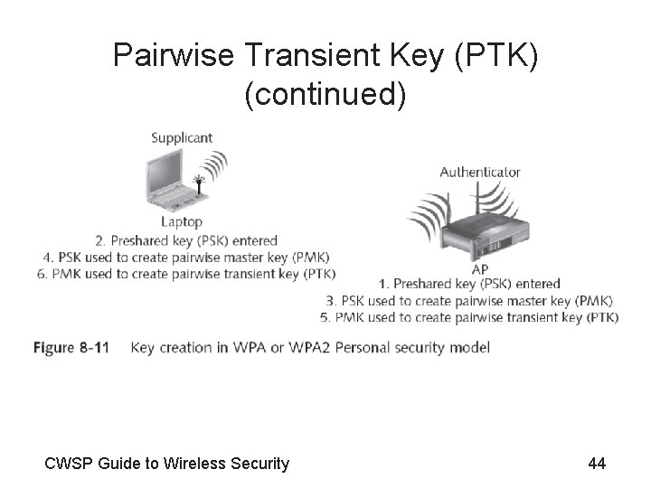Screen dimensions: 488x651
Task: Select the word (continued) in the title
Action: (325, 93)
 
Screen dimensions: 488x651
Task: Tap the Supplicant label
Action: (182, 137)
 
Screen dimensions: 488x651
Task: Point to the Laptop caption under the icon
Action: (182, 221)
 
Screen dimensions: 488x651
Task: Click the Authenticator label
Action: (480, 172)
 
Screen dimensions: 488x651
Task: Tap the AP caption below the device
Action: (480, 269)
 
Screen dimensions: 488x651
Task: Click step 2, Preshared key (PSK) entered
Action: (186, 240)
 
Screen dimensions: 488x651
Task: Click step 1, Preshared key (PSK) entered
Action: (470, 285)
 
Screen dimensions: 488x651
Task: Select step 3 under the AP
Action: (469, 301)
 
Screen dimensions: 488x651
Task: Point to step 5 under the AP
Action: (469, 317)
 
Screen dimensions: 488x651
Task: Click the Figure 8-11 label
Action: (71, 348)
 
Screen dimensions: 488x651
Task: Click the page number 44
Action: (597, 464)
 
